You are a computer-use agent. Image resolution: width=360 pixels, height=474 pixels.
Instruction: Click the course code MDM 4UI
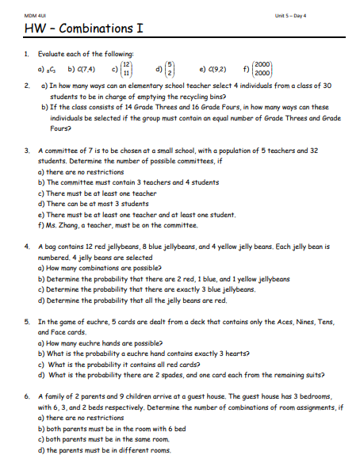(x=35, y=15)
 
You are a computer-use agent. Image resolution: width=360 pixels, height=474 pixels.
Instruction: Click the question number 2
(x=27, y=84)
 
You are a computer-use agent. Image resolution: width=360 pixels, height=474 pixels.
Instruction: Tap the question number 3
(x=27, y=149)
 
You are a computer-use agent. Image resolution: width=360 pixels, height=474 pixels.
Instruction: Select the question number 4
(x=27, y=247)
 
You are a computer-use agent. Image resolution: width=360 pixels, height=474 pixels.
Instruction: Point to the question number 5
(x=27, y=322)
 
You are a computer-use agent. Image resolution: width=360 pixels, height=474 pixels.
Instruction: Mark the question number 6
(x=27, y=396)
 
